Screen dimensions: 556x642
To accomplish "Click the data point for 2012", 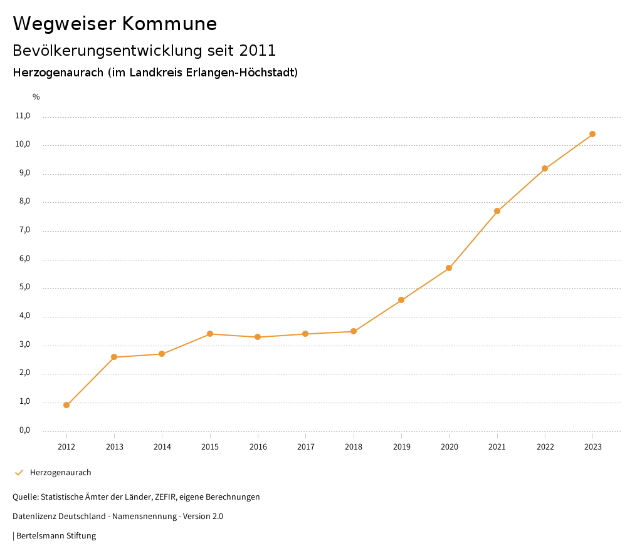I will coord(66,405).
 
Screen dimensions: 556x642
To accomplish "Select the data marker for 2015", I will coord(210,334).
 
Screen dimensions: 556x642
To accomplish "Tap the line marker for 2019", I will coord(401,300).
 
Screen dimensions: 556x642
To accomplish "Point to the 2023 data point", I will coord(592,134).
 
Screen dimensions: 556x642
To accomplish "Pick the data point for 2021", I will coord(497,211).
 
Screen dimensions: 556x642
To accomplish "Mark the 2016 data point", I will coord(258,337).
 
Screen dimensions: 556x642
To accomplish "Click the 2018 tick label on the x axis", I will coord(354,446).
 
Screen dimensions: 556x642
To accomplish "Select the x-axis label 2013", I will coord(114,446).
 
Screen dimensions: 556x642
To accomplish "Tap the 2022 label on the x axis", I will coord(545,446).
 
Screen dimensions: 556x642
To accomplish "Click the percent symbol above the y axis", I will coord(36,97).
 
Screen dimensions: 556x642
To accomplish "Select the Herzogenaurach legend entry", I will coord(61,473).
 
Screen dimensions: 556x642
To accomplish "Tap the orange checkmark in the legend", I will coord(19,473).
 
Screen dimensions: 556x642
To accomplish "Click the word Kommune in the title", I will coord(169,24).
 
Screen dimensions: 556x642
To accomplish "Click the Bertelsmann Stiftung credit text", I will coord(56,536).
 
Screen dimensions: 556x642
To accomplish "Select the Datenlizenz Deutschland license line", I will coord(118,517).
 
